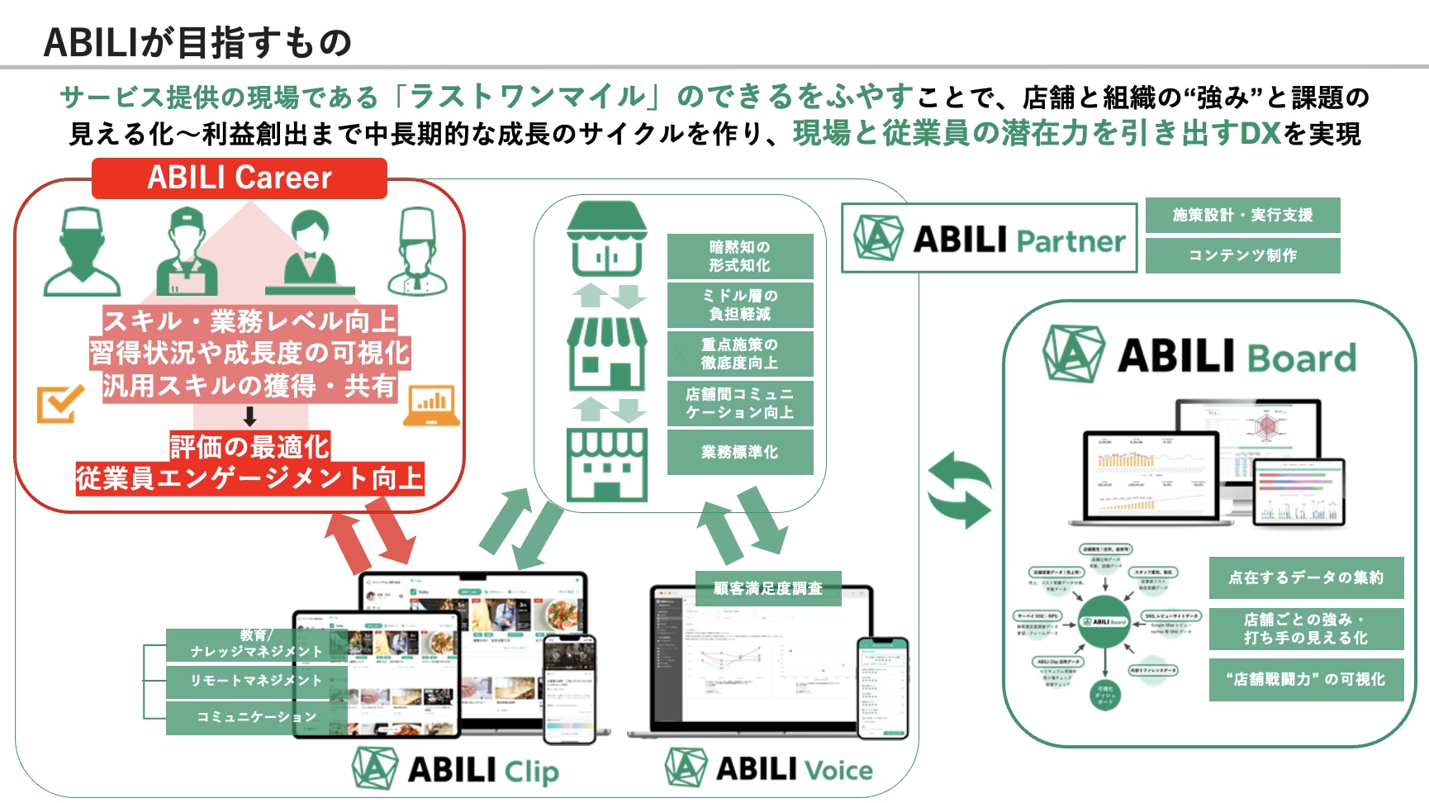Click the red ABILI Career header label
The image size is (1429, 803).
(240, 178)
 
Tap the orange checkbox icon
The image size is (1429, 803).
(59, 404)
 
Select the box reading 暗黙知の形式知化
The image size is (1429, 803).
(739, 256)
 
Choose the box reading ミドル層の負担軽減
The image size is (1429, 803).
(739, 305)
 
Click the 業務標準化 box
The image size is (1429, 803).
(739, 452)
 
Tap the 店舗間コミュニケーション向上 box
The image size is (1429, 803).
(739, 403)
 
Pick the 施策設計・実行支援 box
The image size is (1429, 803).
(1242, 215)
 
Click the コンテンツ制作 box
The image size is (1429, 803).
(1242, 255)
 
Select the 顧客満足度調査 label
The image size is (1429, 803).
(767, 588)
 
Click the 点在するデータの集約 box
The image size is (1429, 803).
(1305, 577)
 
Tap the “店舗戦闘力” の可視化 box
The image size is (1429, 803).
(1305, 679)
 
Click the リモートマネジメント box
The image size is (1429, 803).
(256, 681)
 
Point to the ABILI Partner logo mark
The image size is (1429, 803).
(877, 238)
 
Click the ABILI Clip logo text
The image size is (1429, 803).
(482, 770)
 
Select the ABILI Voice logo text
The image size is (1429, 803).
(793, 769)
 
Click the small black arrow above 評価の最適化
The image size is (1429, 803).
(249, 416)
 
